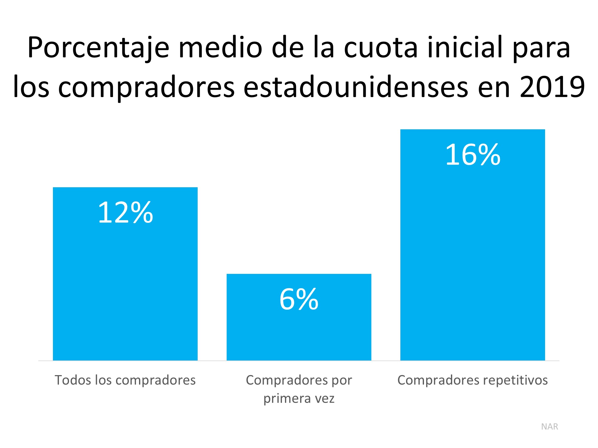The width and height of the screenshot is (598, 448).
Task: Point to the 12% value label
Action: pyautogui.click(x=125, y=213)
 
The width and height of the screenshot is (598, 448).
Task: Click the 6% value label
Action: pyautogui.click(x=299, y=299)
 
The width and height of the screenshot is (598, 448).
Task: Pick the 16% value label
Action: pyautogui.click(x=472, y=155)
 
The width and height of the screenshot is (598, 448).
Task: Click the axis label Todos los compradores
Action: pyautogui.click(x=125, y=380)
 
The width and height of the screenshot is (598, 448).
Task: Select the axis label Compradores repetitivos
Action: pyautogui.click(x=472, y=380)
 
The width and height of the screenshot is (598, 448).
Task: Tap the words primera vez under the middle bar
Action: pyautogui.click(x=299, y=398)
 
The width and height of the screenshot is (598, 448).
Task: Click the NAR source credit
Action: pyautogui.click(x=550, y=426)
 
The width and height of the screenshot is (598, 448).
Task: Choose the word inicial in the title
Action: pyautogui.click(x=465, y=48)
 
